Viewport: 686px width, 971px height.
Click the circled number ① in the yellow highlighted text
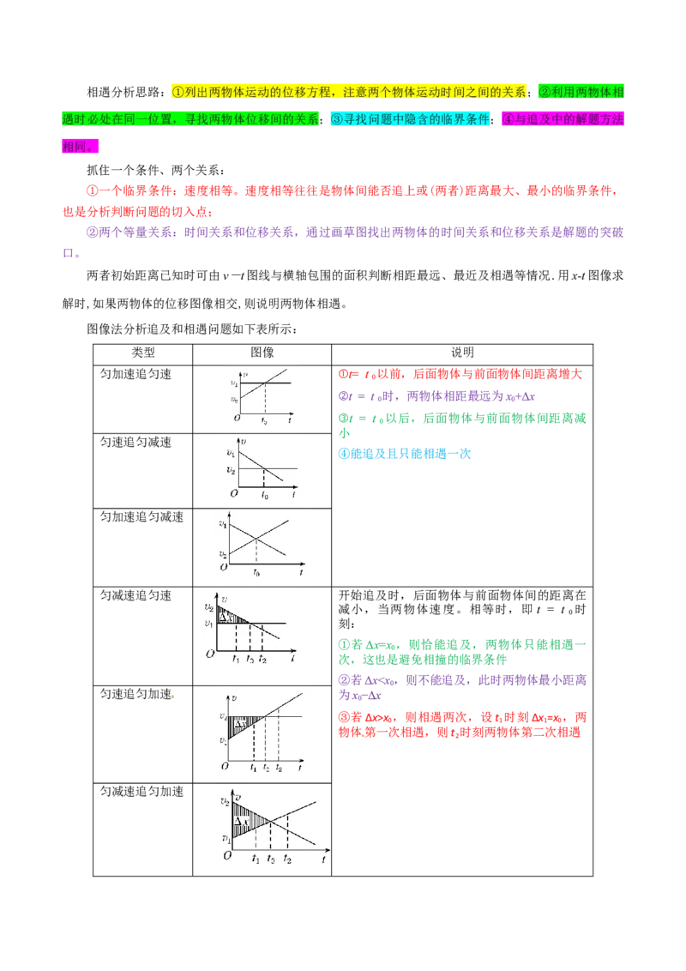click(x=178, y=92)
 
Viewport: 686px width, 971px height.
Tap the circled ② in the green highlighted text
click(x=544, y=92)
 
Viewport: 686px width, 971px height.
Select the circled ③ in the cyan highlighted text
click(x=337, y=119)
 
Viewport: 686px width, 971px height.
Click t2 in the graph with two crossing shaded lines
click(x=287, y=859)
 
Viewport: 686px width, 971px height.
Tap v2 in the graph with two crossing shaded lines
click(x=226, y=802)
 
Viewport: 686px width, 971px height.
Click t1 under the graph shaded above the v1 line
click(x=236, y=659)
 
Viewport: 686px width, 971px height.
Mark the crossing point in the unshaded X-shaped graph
click(x=256, y=537)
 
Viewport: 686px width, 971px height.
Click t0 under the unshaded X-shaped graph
click(x=256, y=572)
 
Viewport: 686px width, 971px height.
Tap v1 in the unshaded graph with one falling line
click(x=230, y=452)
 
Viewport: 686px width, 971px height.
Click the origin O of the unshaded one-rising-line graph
click(x=237, y=418)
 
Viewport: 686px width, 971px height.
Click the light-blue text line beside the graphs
click(x=404, y=453)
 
